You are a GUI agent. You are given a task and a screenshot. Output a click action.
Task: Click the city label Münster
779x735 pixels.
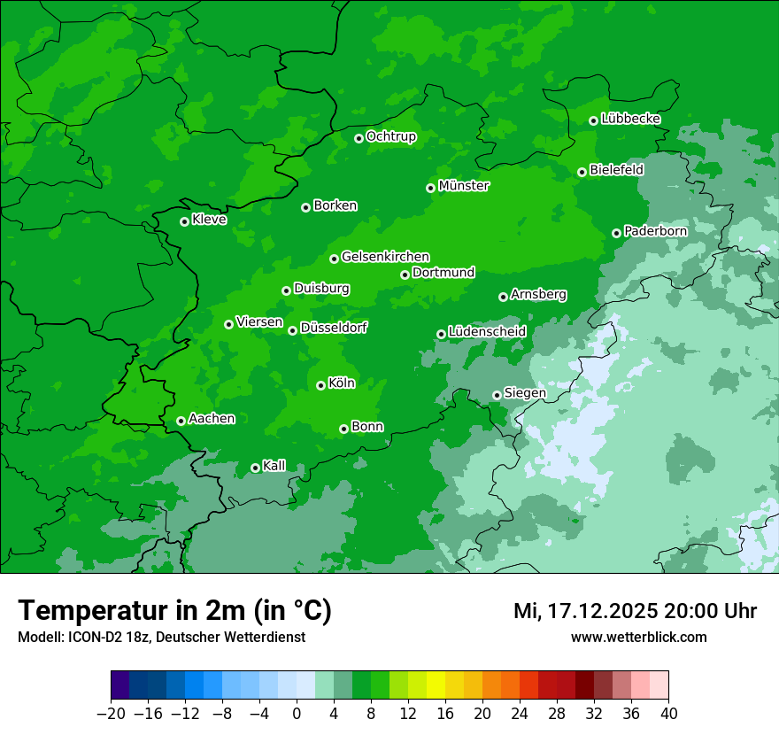pos(464,186)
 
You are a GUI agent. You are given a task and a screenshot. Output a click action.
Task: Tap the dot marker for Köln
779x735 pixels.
pos(320,385)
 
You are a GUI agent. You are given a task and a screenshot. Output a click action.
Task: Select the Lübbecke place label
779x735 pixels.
pos(630,119)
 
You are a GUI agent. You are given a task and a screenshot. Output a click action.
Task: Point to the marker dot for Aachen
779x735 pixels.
pos(181,421)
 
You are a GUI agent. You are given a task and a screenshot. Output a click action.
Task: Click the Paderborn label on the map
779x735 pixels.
pos(655,231)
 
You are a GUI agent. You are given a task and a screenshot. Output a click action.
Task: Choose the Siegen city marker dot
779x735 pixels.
pos(497,395)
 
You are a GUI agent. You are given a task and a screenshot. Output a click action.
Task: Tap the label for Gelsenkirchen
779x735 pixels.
pos(385,257)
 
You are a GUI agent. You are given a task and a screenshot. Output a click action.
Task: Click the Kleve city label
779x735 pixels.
pos(209,220)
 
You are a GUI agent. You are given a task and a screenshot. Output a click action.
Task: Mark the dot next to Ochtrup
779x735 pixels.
pos(359,138)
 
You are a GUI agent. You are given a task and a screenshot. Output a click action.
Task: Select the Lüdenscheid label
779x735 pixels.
pos(487,332)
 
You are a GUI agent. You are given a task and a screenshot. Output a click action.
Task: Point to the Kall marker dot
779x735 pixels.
pos(255,468)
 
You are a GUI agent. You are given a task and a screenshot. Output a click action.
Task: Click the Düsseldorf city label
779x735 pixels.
pos(334,328)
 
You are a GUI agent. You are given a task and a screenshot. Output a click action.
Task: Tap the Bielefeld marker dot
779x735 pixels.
pos(582,172)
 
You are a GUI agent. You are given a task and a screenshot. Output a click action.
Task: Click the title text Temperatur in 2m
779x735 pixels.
pos(134,611)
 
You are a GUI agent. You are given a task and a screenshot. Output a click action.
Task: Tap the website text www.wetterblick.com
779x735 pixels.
pos(638,638)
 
